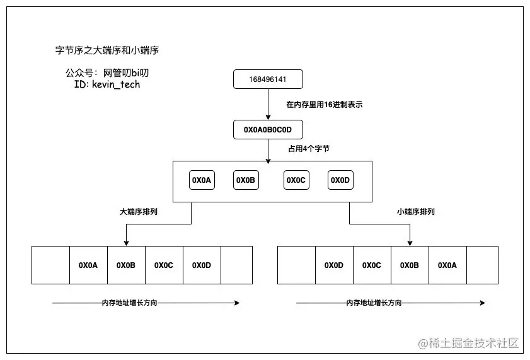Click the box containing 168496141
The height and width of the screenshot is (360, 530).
(x=268, y=79)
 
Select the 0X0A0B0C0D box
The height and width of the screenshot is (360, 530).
(x=268, y=130)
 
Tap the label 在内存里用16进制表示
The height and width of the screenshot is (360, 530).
(x=325, y=105)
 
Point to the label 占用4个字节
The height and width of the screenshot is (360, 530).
(x=308, y=149)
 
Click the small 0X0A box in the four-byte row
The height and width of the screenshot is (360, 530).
(x=202, y=180)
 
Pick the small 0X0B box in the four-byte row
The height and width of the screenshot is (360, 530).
(x=246, y=180)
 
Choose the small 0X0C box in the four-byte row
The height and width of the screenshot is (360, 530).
(x=296, y=180)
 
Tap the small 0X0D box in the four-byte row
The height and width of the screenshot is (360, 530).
(x=340, y=180)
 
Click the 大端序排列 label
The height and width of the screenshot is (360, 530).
(x=139, y=212)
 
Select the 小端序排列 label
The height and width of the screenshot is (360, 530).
(x=416, y=212)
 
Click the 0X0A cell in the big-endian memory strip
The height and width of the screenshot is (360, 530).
(x=88, y=265)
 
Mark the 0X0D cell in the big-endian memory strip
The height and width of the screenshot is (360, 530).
(x=202, y=265)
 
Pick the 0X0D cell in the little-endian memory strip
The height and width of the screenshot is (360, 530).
(x=334, y=265)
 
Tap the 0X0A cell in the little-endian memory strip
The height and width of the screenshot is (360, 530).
(x=447, y=265)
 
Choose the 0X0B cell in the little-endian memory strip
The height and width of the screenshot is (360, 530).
(x=410, y=265)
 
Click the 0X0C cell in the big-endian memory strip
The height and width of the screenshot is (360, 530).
(x=164, y=265)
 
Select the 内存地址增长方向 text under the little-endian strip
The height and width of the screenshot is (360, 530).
(x=373, y=303)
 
